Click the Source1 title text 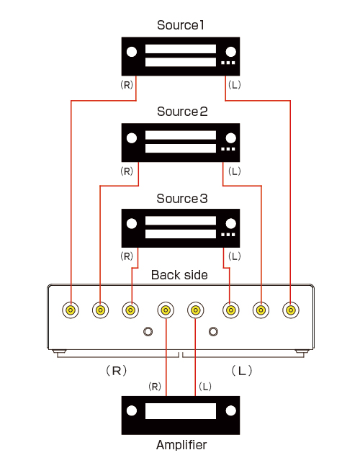[x=181, y=25]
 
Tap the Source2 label [x=182, y=112]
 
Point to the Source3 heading [x=182, y=199]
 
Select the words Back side [x=179, y=275]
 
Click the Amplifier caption [x=181, y=445]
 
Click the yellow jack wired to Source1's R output [x=71, y=310]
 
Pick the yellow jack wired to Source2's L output [x=261, y=310]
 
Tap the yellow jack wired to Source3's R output [x=130, y=310]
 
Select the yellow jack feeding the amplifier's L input [x=196, y=310]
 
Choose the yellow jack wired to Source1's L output [x=291, y=310]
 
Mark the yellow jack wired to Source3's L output [x=230, y=310]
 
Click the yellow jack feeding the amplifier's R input [x=166, y=310]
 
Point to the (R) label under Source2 [x=127, y=171]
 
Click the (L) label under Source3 [x=234, y=256]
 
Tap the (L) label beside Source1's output [x=234, y=85]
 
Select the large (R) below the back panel [x=117, y=371]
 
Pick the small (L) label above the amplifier [x=205, y=387]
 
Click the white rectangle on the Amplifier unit [x=181, y=411]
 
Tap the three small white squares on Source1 [x=228, y=63]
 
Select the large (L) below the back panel [x=242, y=371]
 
